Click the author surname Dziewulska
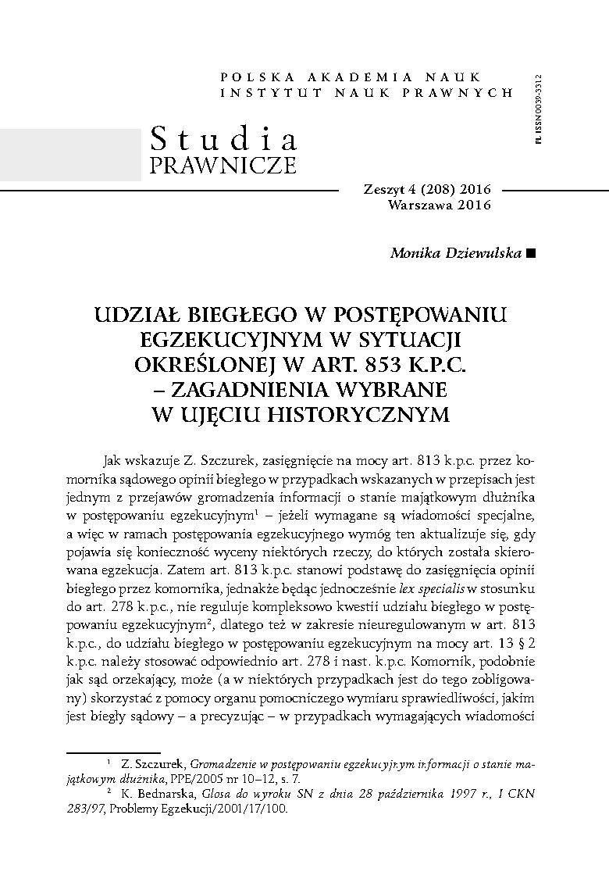tap(483, 252)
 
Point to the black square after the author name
tap(532, 252)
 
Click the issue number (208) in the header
tap(433, 191)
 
